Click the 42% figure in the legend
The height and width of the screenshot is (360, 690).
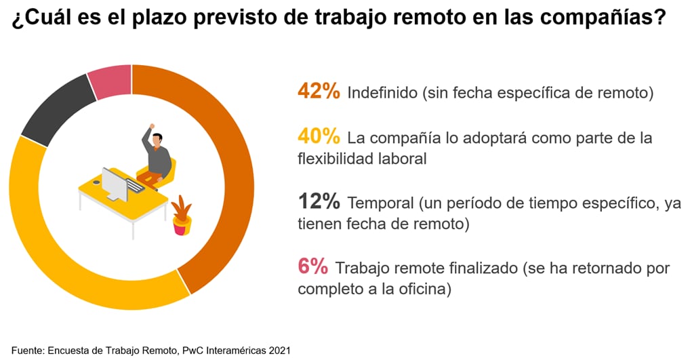[318, 92]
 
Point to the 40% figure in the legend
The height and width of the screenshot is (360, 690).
[318, 136]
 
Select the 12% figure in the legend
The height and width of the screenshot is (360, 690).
[318, 202]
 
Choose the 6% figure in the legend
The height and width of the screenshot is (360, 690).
[312, 267]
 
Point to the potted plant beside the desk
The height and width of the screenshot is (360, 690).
[181, 215]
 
